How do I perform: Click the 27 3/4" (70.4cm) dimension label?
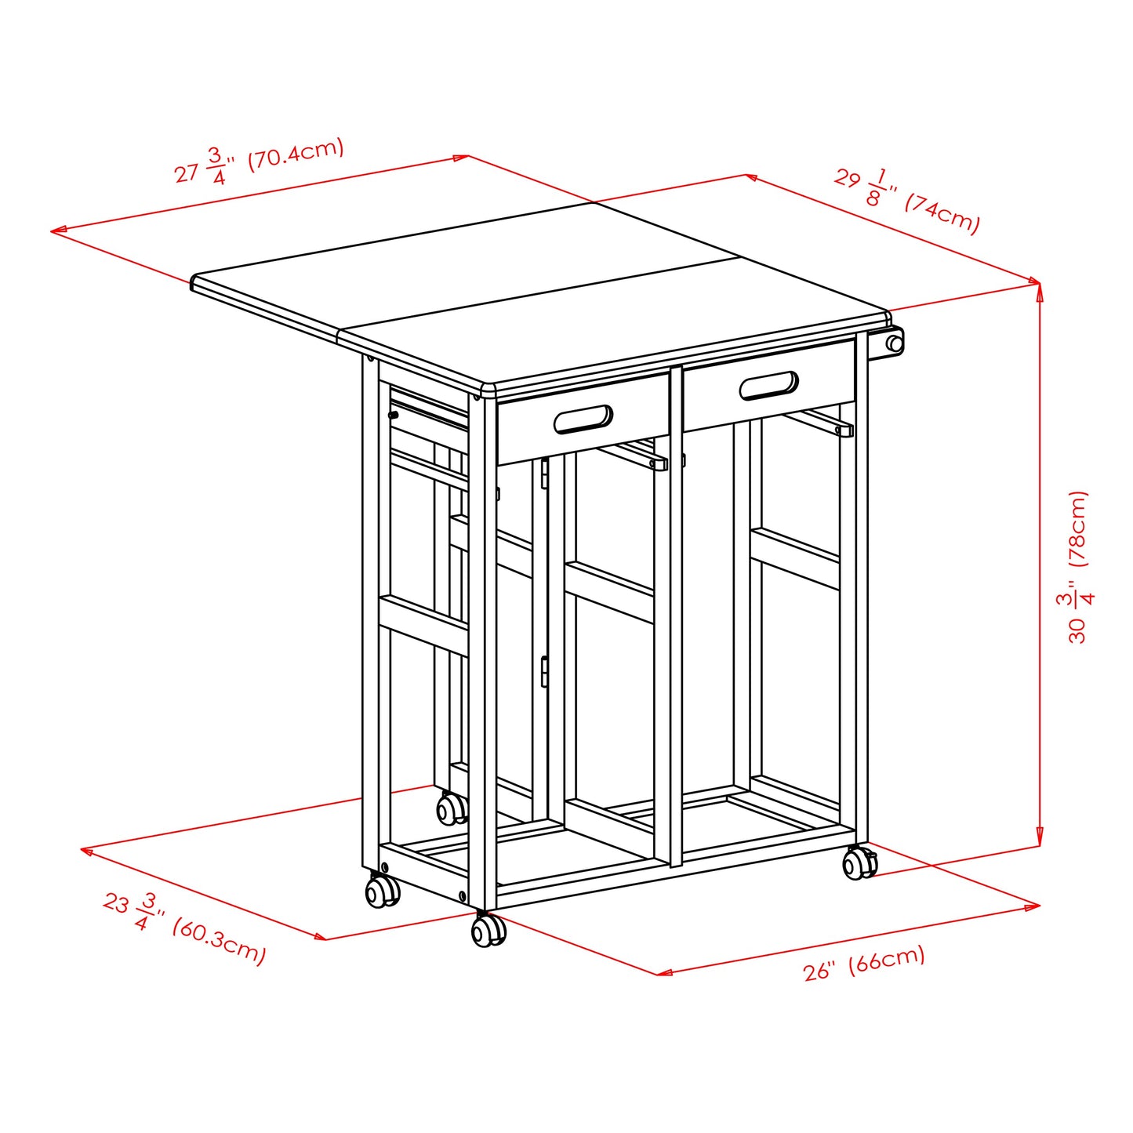tap(259, 162)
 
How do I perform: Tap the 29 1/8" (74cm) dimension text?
tap(906, 201)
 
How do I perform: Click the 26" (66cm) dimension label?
tap(864, 963)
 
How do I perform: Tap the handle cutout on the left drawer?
tap(583, 419)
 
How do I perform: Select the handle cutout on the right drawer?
tap(768, 385)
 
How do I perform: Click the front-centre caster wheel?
tap(488, 931)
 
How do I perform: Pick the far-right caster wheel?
tap(859, 863)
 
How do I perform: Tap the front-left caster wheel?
tap(382, 892)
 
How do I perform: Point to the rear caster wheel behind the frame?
tap(451, 809)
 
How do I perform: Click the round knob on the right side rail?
tap(894, 343)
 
